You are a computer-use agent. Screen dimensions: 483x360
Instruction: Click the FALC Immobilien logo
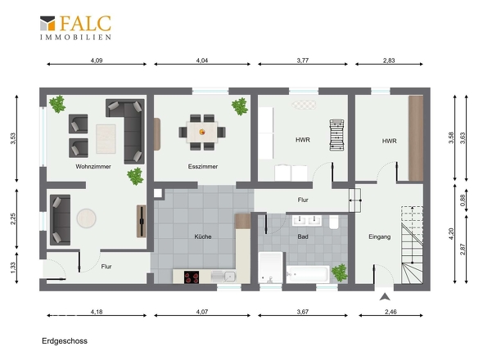tap(75, 27)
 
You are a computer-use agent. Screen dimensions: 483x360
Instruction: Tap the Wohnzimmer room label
tap(93, 167)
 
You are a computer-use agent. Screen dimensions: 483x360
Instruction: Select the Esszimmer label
tap(203, 167)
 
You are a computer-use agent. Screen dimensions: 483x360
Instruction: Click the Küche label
tap(203, 236)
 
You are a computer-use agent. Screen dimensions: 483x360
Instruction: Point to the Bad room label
tap(303, 236)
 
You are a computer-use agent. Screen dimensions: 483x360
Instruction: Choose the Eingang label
tap(380, 236)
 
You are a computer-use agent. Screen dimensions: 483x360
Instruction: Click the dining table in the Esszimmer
tap(202, 132)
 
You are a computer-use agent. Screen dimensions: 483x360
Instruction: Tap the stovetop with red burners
tap(192, 277)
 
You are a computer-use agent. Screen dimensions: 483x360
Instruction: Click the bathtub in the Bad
tap(308, 274)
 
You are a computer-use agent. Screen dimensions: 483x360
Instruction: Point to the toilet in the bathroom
tap(334, 222)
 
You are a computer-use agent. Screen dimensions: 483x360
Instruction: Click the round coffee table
tap(86, 218)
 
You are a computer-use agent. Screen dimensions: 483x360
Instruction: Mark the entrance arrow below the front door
tap(385, 297)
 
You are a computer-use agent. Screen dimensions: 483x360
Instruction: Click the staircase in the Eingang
tap(412, 245)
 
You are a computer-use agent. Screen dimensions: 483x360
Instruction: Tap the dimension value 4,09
tap(97, 61)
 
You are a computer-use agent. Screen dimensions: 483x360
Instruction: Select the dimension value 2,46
tap(390, 312)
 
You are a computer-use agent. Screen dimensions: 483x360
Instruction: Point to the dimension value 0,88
tap(463, 200)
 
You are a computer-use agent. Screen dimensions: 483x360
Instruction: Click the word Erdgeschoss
tap(65, 341)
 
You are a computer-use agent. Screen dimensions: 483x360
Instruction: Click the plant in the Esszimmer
tap(240, 106)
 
